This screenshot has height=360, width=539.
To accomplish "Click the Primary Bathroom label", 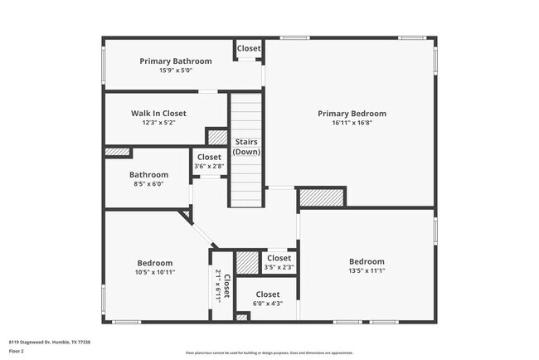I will click(x=175, y=61).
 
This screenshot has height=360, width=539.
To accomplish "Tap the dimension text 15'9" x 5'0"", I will click(x=175, y=71).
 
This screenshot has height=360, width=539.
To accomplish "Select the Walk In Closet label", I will click(x=158, y=114).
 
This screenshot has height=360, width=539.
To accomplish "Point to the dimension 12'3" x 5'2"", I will click(x=158, y=123).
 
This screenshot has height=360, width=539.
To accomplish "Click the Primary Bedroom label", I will click(x=352, y=114).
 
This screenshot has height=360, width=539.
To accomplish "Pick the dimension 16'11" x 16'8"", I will click(x=352, y=123).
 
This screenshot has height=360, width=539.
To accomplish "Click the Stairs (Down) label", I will click(x=246, y=147).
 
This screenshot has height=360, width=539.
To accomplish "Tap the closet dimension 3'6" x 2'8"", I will click(x=209, y=166).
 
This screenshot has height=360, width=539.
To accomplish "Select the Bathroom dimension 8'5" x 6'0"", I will click(x=148, y=184).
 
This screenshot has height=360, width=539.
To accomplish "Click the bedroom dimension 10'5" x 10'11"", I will click(x=155, y=271).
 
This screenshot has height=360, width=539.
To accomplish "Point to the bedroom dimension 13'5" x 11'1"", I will click(x=366, y=270).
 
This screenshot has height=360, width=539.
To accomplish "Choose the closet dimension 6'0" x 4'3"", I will click(x=267, y=304).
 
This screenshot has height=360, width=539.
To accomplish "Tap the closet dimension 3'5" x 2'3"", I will click(x=279, y=267).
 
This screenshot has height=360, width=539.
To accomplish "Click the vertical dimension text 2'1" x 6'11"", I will click(x=221, y=285).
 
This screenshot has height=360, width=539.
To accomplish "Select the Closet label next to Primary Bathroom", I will click(x=249, y=49).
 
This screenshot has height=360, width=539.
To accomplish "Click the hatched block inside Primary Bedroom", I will click(x=320, y=197).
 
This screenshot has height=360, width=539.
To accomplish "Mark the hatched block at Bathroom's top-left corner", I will click(x=118, y=152).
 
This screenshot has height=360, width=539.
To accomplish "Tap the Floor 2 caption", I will click(x=17, y=351).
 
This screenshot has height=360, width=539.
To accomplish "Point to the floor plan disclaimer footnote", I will click(x=269, y=353).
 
